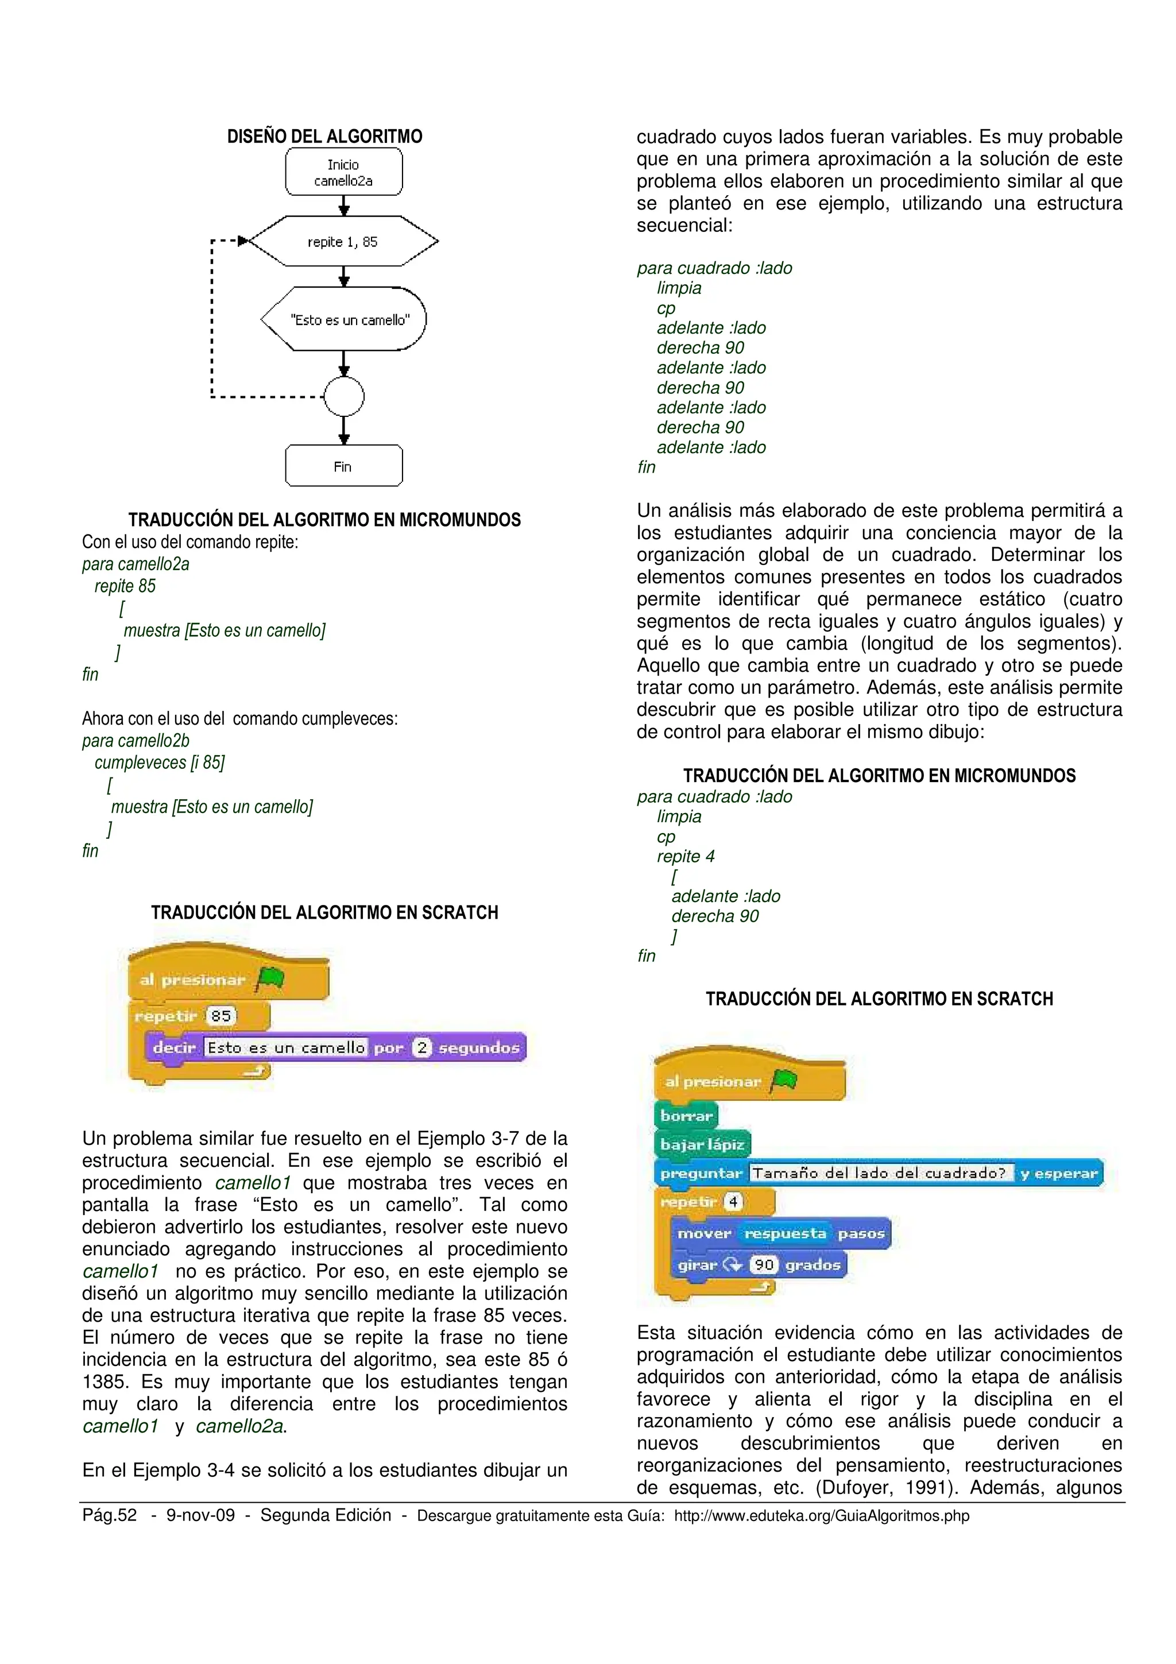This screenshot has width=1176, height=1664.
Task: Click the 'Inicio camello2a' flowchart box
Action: [x=343, y=172]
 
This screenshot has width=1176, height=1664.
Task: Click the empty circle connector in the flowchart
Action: [x=344, y=396]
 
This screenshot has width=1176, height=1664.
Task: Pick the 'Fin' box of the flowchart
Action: [x=343, y=466]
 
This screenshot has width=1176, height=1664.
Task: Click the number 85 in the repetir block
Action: [x=221, y=1015]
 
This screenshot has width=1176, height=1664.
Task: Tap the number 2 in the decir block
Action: [x=421, y=1047]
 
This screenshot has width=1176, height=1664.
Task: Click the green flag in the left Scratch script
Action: [x=271, y=978]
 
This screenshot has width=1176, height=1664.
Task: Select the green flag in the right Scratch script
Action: [x=784, y=1081]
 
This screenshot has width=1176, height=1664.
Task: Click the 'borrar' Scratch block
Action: [x=686, y=1116]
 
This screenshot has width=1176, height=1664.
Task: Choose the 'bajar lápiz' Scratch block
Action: [x=702, y=1144]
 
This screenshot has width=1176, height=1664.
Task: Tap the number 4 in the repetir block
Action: [x=733, y=1202]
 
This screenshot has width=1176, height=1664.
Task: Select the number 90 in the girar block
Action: [x=764, y=1265]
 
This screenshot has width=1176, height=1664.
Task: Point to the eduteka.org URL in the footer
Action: [x=822, y=1515]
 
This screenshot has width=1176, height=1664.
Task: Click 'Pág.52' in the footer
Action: [x=110, y=1515]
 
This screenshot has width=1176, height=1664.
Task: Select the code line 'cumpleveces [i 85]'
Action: [x=160, y=763]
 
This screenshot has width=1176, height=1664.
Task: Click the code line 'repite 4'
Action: [x=686, y=856]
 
